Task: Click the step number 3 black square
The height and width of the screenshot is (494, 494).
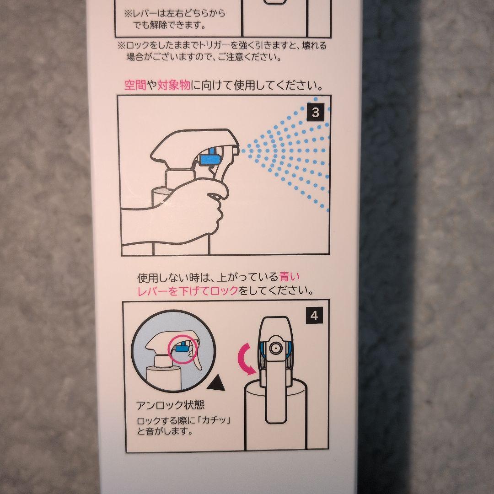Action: coord(315,113)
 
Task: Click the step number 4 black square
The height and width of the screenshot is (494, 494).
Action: coord(314,315)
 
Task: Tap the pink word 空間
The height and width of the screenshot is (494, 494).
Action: coord(135,85)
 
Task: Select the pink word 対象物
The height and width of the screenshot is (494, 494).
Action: coord(174,85)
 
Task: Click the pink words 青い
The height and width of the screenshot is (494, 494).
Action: coord(289,277)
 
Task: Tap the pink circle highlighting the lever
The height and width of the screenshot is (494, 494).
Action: coord(183,350)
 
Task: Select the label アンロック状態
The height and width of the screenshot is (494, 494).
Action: coord(171,405)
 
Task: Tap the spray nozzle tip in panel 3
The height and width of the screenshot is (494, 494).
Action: coord(236,150)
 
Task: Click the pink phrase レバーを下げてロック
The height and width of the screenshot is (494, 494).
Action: coord(188,290)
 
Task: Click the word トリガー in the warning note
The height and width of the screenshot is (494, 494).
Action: coord(214,46)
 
